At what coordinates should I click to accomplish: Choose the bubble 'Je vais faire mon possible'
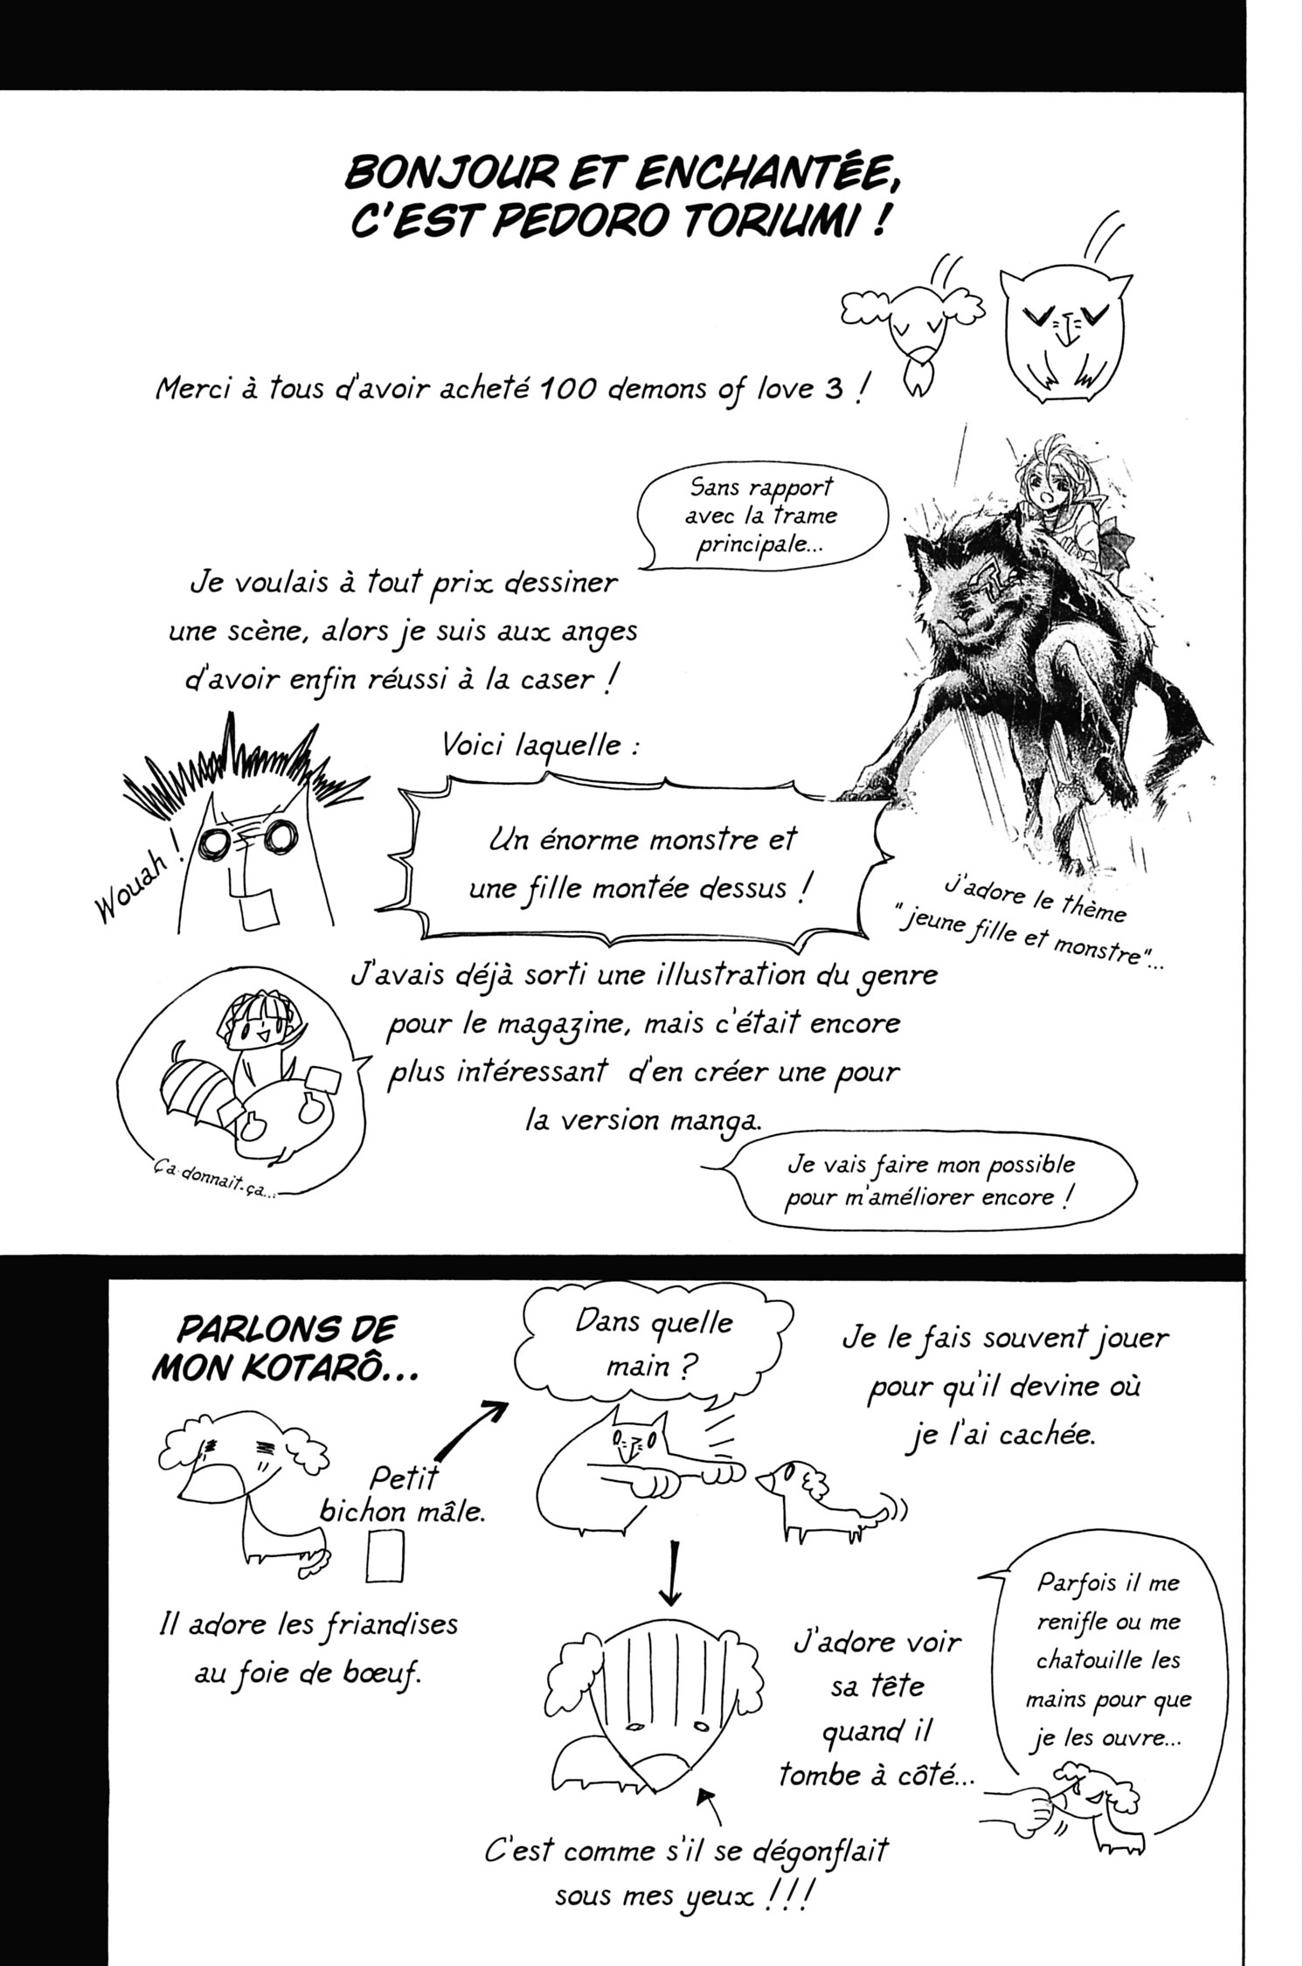tap(930, 1180)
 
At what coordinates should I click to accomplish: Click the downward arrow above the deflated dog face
tap(669, 1572)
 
